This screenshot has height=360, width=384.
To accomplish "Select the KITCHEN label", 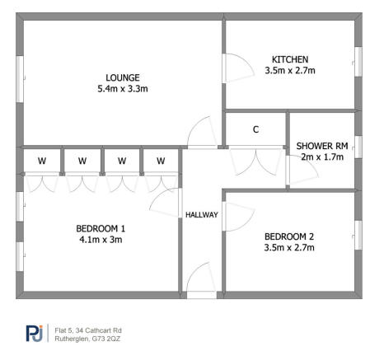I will coord(290,59).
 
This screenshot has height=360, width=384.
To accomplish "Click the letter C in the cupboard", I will coord(255,129).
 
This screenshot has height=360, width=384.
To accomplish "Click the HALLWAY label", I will coord(201,215).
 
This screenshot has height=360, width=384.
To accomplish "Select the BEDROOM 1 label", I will coord(100,228).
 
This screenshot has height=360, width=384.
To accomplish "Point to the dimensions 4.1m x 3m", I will coord(100,240).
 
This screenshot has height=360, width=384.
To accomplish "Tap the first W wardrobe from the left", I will coord(43,161).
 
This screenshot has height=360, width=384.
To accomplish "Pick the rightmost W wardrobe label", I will coord(161,161).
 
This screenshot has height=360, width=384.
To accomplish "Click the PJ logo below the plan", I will coord(34,334).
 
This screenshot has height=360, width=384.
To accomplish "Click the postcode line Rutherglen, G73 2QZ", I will coord(87,339).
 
